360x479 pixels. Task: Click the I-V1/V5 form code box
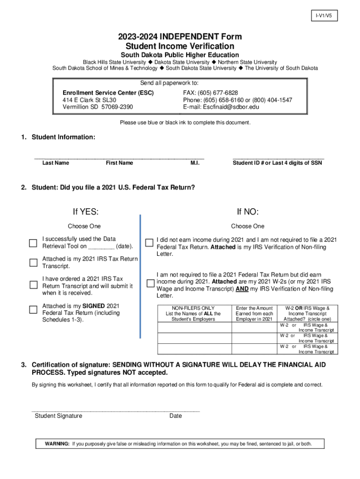click(x=323, y=16)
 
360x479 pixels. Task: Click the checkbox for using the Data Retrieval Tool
click(x=33, y=243)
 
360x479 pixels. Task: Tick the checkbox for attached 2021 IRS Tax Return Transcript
click(x=33, y=262)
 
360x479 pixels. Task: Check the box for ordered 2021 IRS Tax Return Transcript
click(x=33, y=285)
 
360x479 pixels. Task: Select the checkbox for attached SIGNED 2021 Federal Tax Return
click(x=33, y=309)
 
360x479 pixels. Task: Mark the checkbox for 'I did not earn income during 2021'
click(x=149, y=242)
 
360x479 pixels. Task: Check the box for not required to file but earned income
click(x=150, y=283)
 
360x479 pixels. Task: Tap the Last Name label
click(x=56, y=163)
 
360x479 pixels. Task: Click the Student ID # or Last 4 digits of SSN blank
click(x=278, y=157)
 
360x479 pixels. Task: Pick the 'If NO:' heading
click(x=248, y=211)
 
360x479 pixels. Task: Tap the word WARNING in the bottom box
click(x=57, y=443)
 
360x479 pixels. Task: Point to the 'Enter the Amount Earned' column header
click(x=254, y=313)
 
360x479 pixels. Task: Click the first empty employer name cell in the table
click(x=195, y=327)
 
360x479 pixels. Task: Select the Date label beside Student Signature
click(x=176, y=416)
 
